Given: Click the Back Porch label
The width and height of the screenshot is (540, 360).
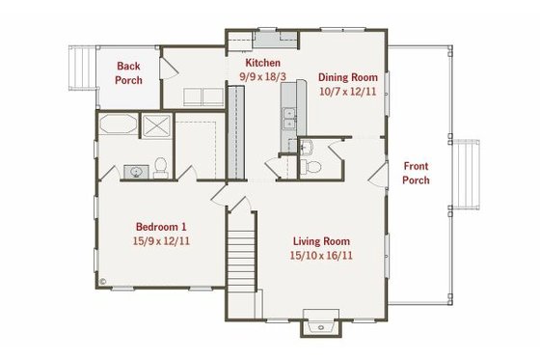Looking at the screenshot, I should coord(128,72).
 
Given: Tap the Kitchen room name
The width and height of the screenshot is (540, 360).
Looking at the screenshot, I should coord(262,63).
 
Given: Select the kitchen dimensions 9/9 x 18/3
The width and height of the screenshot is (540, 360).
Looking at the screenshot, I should coord(262,75).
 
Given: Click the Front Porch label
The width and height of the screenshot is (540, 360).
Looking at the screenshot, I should coord(417,173).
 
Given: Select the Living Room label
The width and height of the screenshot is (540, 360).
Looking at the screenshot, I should coord(321,241).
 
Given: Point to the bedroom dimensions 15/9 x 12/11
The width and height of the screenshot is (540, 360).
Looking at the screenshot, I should coord(161,241).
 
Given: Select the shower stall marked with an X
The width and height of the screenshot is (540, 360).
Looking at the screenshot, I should coord(155,127).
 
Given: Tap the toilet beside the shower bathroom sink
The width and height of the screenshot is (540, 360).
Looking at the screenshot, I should coord(161,169).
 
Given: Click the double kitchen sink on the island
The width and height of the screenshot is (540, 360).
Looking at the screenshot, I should coord(288,119).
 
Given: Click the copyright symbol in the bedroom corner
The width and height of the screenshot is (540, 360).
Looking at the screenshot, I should coord(102,283).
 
